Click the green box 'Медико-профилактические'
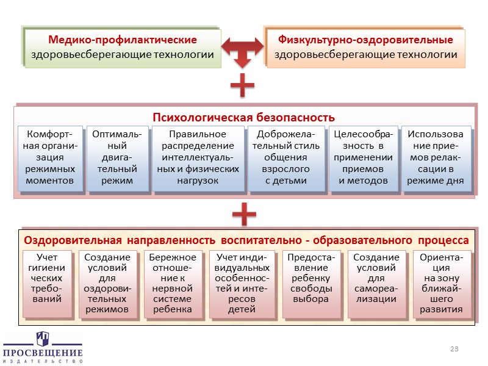point(123,48)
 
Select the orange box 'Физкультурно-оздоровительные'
point(365,48)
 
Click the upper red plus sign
point(242,87)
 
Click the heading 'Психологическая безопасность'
point(243,117)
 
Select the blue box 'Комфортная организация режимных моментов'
point(50,157)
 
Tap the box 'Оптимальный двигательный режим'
point(117,157)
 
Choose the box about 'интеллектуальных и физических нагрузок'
point(197,157)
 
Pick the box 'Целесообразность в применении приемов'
point(363,157)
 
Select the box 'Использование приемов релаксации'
point(435,157)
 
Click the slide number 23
point(454,348)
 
